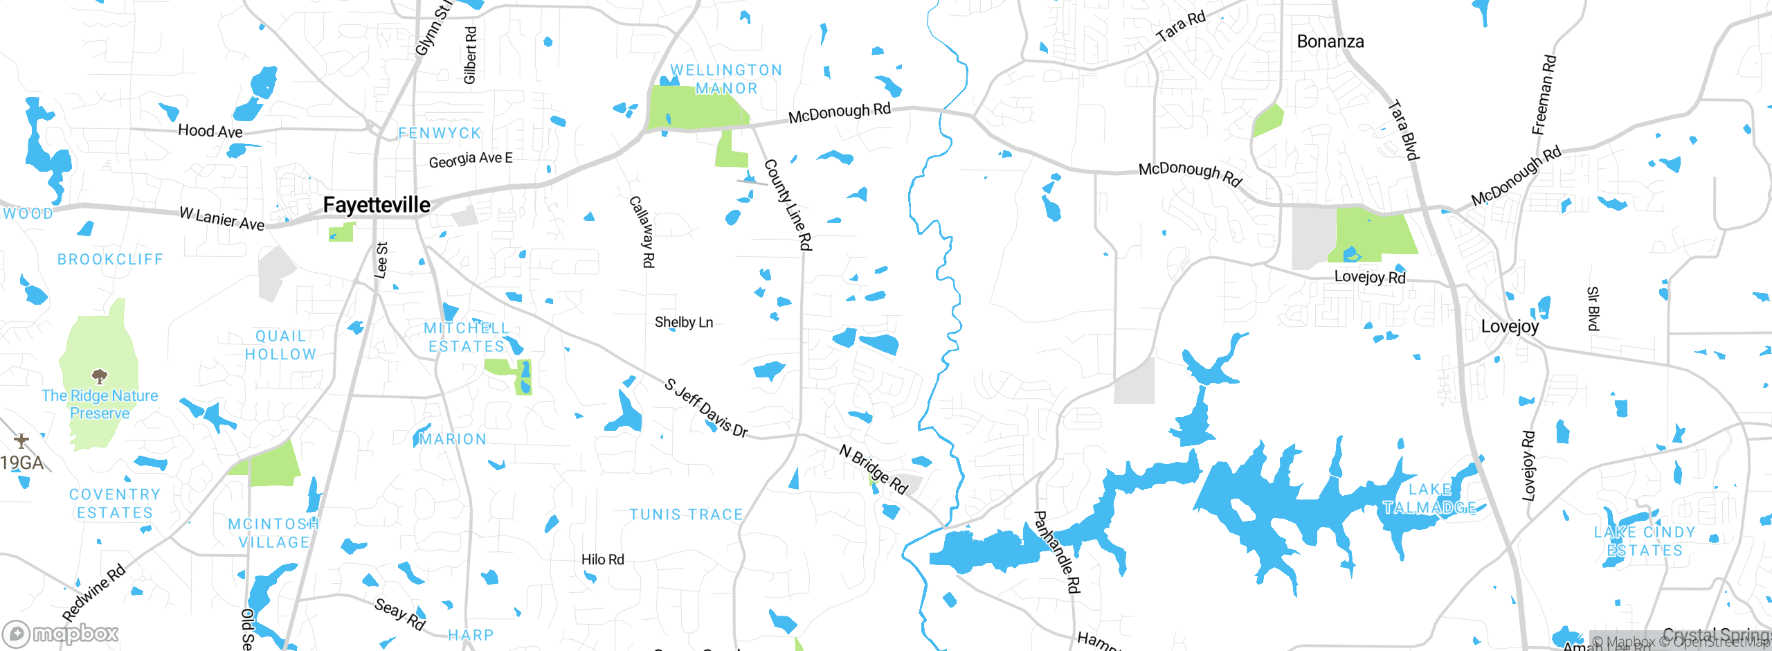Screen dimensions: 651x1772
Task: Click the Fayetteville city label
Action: [x=377, y=205]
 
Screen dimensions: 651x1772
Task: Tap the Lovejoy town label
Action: [x=1510, y=326]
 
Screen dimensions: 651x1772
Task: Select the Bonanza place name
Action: [x=1330, y=42]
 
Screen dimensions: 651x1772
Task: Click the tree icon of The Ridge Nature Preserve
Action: [x=100, y=377]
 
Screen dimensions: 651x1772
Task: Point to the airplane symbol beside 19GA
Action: [x=21, y=440]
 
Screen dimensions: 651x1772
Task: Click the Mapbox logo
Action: [x=61, y=634]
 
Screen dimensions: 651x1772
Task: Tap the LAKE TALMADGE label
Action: [x=1430, y=499]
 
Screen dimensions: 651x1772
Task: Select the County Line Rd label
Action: [x=788, y=204]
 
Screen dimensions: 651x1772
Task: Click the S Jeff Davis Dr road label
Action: [x=706, y=409]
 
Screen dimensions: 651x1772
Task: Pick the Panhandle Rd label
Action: [x=1057, y=552]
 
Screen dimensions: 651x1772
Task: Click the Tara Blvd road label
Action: [x=1404, y=130]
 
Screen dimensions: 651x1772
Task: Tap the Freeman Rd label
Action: [x=1544, y=95]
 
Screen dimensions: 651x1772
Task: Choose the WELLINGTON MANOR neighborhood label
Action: [x=726, y=79]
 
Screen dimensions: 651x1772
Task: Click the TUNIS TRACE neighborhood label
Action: [x=686, y=515]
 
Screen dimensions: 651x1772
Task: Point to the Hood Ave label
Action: [x=210, y=131]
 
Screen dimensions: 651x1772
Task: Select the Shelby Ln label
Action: [x=684, y=322]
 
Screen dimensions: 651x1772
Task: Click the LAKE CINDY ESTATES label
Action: [x=1645, y=542]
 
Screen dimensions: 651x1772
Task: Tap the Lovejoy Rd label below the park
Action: [x=1369, y=277]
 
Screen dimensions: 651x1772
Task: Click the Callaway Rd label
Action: [x=642, y=231]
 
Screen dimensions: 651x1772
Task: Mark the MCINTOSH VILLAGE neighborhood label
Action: [x=273, y=533]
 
